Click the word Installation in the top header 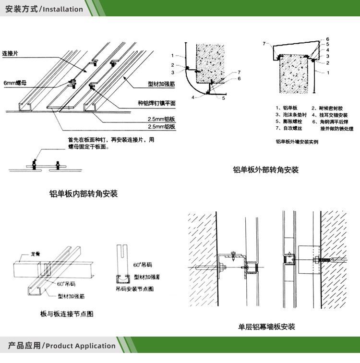(x=63, y=9)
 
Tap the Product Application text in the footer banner (x=81, y=346)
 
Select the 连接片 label (x=10, y=53)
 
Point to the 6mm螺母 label (x=15, y=83)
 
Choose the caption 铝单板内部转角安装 (x=84, y=194)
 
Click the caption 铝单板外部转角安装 (x=265, y=170)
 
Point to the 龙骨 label (x=35, y=254)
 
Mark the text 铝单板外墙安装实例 (x=297, y=142)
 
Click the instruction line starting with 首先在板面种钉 (x=111, y=140)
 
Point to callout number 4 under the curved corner (x=193, y=97)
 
